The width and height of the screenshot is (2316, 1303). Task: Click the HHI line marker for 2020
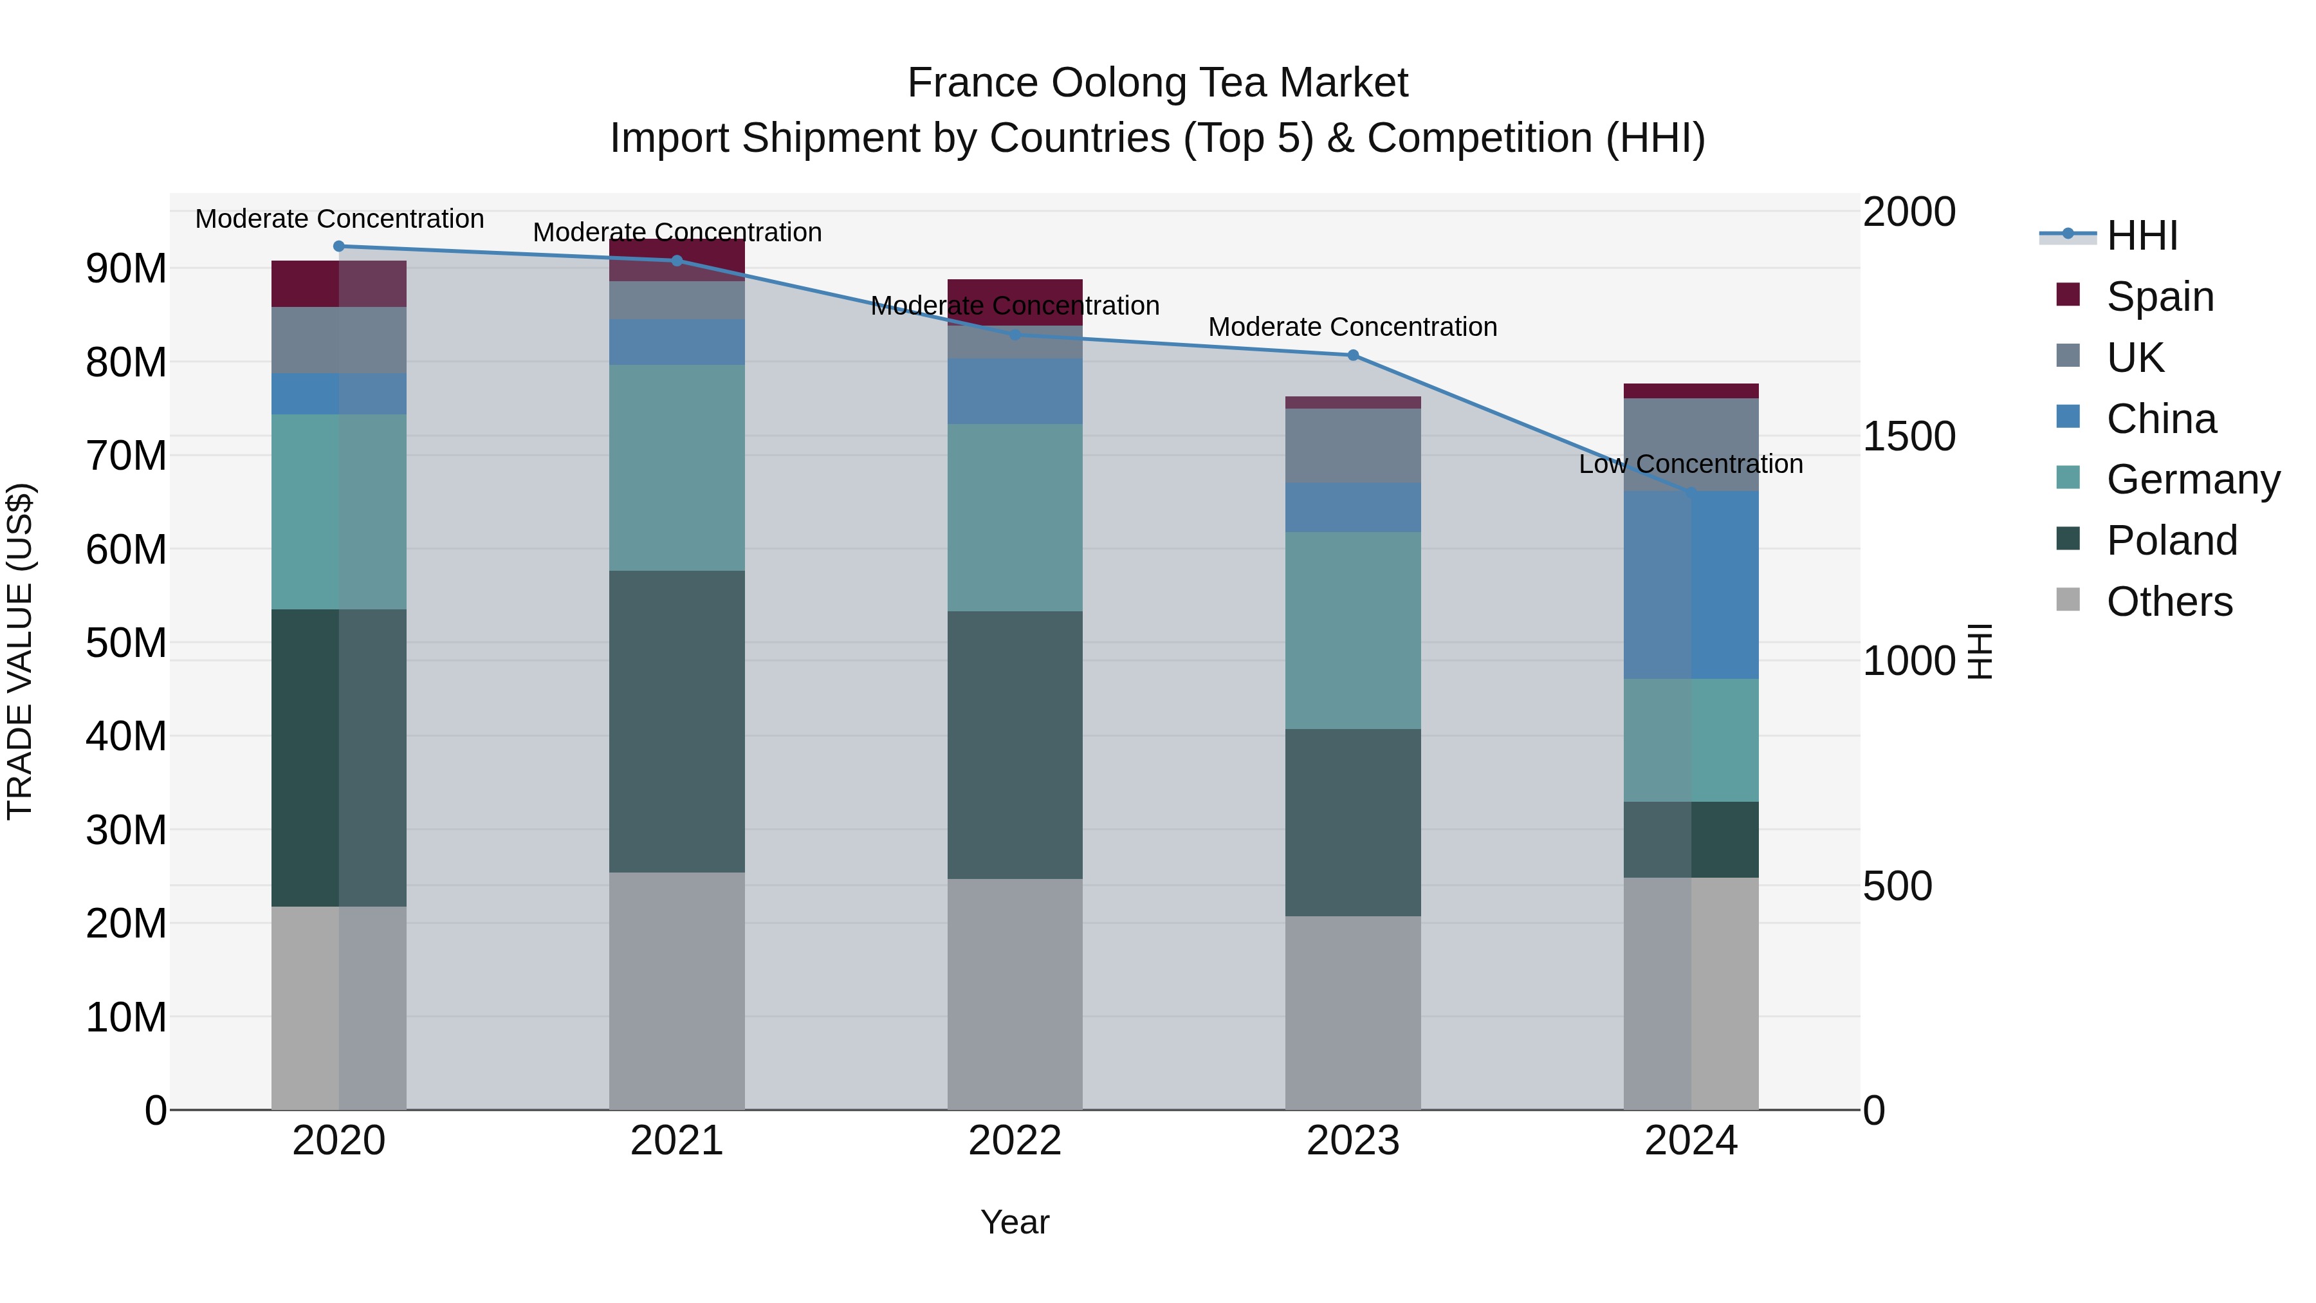tap(339, 246)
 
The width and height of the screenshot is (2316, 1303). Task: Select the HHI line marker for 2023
tap(1353, 355)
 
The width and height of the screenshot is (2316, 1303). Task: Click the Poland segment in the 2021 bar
tap(677, 721)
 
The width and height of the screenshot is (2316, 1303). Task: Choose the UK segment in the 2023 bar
tap(1353, 446)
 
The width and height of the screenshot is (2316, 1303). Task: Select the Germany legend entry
tap(2192, 479)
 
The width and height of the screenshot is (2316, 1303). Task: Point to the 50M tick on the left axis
tap(126, 643)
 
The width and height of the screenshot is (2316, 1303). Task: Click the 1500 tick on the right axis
tap(1909, 436)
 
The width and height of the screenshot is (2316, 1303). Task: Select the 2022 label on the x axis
tap(1015, 1141)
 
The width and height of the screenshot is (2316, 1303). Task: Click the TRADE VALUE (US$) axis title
tap(20, 651)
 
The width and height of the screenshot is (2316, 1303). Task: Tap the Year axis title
tap(1015, 1222)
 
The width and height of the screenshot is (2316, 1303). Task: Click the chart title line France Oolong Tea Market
tap(1157, 83)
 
